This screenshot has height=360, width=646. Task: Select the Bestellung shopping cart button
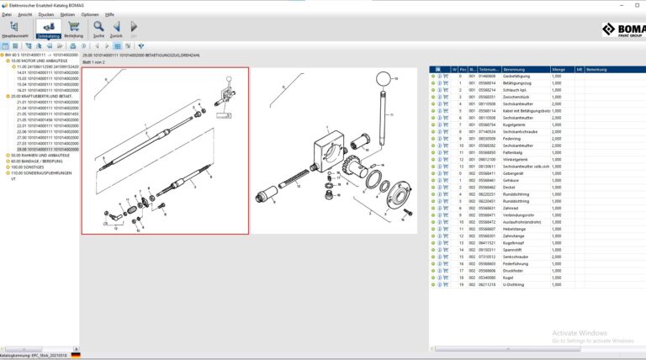coord(73,29)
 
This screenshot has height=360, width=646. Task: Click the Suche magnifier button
coord(99,29)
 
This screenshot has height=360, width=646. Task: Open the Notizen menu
coord(67,14)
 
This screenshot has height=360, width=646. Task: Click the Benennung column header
coord(513,69)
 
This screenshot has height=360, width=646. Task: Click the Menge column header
coord(558,69)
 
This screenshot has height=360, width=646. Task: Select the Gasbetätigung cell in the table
coord(516,76)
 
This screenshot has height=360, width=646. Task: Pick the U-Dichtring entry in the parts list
coord(515,285)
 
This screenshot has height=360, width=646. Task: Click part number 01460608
coord(487,76)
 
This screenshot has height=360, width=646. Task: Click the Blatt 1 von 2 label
coord(98,62)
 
